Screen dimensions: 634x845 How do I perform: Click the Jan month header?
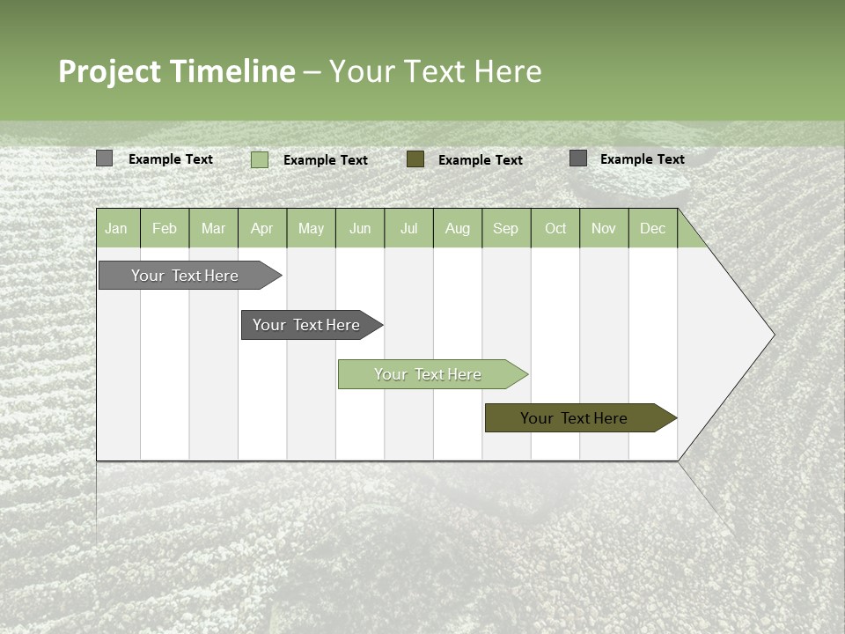tap(116, 228)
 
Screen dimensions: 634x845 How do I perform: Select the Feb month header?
tap(165, 228)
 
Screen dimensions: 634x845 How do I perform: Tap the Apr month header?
tap(262, 228)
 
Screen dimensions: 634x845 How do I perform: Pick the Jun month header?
tap(360, 228)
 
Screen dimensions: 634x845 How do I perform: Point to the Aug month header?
tap(458, 228)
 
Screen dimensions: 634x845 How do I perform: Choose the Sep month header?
tap(506, 228)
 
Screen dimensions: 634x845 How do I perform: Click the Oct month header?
tap(555, 228)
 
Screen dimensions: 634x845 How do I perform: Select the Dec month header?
tap(653, 228)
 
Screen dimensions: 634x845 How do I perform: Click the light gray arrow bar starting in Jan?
tap(185, 276)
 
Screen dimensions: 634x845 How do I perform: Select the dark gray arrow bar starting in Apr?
tap(306, 325)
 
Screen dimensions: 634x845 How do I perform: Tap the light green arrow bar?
tap(428, 374)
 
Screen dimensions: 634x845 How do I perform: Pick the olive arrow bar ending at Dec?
tap(574, 418)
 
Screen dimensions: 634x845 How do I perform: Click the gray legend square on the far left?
tap(105, 158)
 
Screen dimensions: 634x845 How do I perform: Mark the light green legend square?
tap(260, 159)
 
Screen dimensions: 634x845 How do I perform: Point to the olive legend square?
tap(415, 159)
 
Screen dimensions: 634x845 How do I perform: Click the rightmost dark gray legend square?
tap(578, 158)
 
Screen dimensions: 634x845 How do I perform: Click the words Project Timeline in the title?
tap(176, 71)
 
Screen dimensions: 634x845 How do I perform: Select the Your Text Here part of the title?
tap(436, 71)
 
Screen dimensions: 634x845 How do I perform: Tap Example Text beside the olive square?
tap(480, 160)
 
